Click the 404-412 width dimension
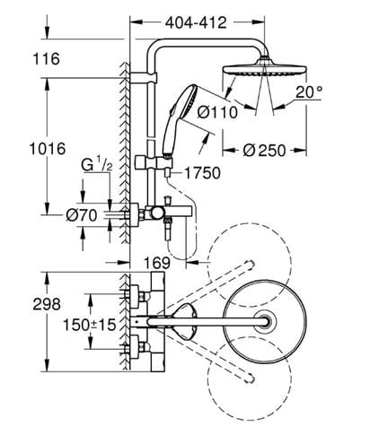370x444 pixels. pos(196,22)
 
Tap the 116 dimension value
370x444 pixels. pos(46,58)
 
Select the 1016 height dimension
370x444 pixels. pos(48,149)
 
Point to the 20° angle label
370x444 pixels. pos(309,91)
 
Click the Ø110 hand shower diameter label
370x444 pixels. pos(217,112)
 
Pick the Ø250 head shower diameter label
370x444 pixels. pos(264,151)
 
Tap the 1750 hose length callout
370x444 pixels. pos(202,173)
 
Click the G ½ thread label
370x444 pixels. pos(97,165)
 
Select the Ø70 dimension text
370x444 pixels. pos(82,215)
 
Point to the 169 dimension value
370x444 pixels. pos(157,263)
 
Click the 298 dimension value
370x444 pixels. pos(47,304)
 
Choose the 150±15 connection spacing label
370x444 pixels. pos(89,325)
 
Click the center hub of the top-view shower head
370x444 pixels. pos(265,322)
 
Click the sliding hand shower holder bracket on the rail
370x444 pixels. pos(154,162)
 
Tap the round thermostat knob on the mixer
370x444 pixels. pos(156,213)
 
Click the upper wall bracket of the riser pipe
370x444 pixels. pos(143,77)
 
